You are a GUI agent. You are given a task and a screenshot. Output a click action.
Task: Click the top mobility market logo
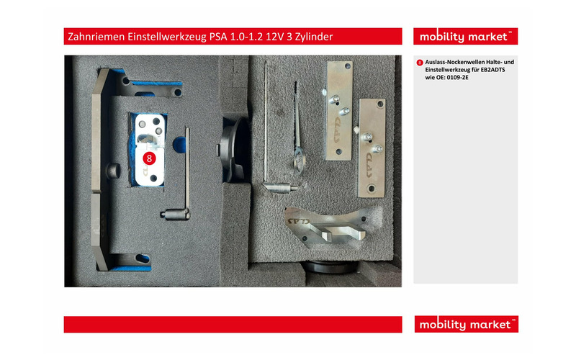coord(465,37)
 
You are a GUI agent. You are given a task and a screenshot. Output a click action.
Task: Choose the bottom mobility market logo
coord(465,325)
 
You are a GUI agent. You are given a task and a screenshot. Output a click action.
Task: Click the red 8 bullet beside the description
coord(420,63)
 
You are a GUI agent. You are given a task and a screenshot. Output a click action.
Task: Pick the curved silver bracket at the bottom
coord(324,227)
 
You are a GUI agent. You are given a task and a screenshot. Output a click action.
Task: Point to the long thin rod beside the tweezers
coord(267,122)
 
